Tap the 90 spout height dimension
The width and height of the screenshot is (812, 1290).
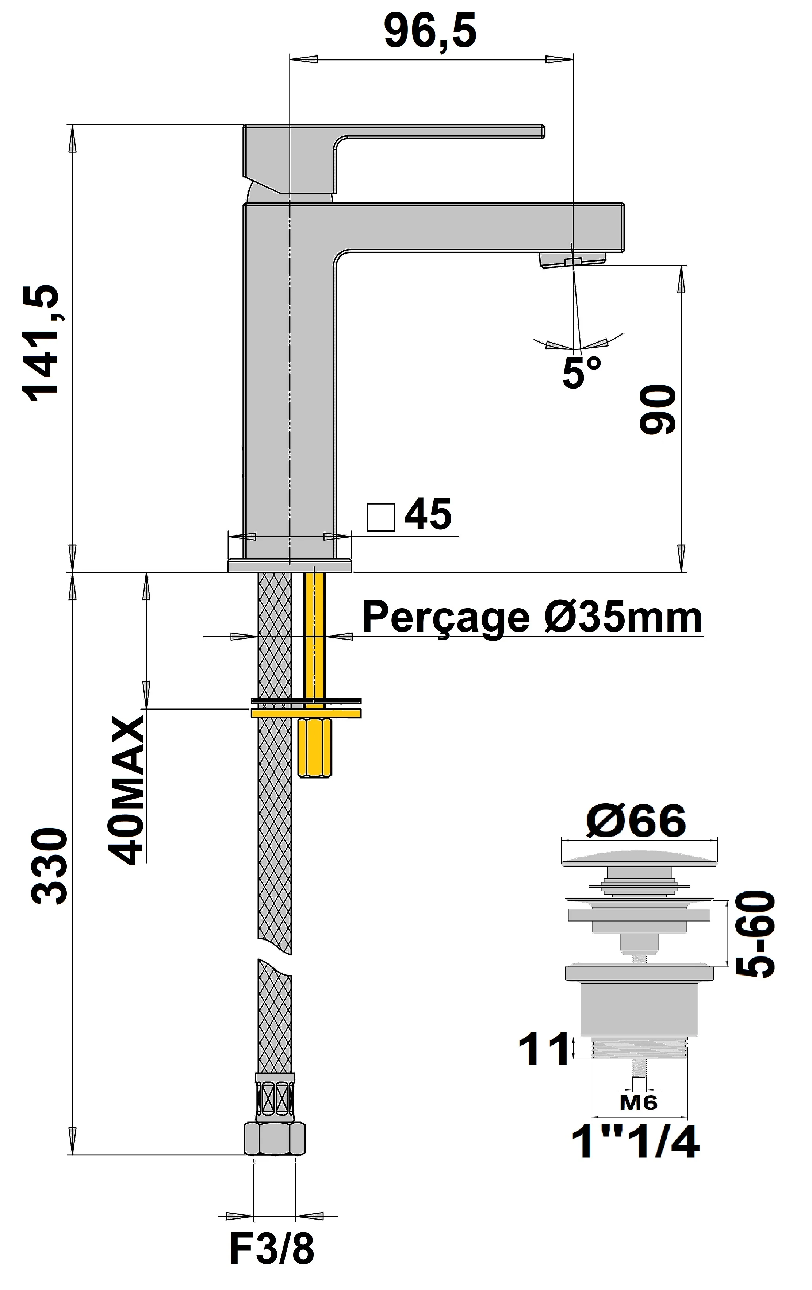[657, 409]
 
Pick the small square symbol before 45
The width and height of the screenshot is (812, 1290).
[380, 518]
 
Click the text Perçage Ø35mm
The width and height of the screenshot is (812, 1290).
[532, 617]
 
